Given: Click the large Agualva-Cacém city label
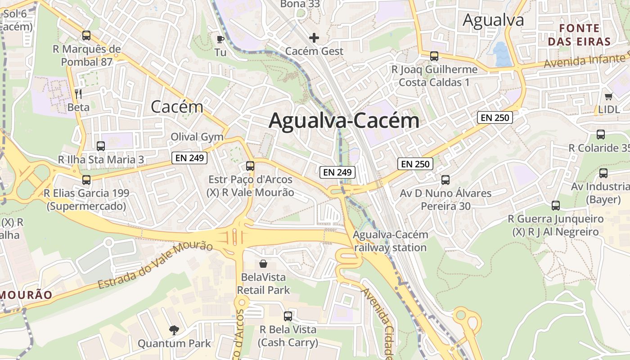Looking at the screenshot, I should tap(344, 121).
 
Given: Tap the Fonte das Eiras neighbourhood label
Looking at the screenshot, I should tap(585, 35).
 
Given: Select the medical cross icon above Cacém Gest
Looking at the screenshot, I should tap(314, 38).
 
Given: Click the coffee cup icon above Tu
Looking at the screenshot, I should tap(220, 39).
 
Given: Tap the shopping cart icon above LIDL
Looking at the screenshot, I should tap(609, 96).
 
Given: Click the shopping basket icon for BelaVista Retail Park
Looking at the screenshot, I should tap(263, 263).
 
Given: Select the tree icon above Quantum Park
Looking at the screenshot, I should tap(174, 330).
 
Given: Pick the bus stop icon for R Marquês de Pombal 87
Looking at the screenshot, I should tap(86, 35).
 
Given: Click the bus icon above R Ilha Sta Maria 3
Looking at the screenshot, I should tap(101, 146).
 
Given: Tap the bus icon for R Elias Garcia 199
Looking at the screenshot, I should tap(86, 180).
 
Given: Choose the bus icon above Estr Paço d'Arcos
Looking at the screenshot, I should tap(250, 166).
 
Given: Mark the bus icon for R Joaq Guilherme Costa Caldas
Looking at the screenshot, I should tap(434, 56).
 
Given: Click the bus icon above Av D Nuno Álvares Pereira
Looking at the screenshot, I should tap(445, 180).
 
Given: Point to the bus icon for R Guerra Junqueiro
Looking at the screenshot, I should tap(556, 206).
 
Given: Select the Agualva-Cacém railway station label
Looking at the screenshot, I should tap(390, 241).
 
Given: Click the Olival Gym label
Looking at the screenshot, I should tap(197, 137).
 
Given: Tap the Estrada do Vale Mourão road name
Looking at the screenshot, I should tap(155, 265).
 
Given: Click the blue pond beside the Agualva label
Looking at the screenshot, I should tap(500, 53).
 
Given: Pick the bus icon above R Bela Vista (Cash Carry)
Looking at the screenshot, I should tap(288, 316).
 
